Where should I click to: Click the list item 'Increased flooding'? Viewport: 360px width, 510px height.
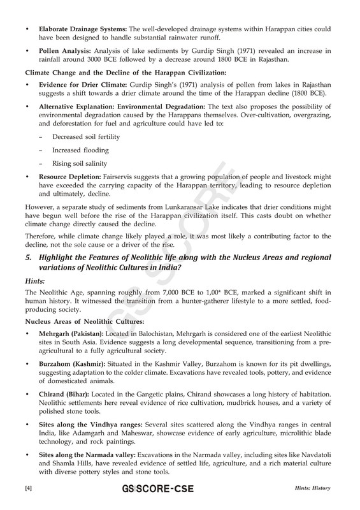[x=80, y=150]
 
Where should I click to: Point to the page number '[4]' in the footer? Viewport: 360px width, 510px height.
[x=28, y=488]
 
